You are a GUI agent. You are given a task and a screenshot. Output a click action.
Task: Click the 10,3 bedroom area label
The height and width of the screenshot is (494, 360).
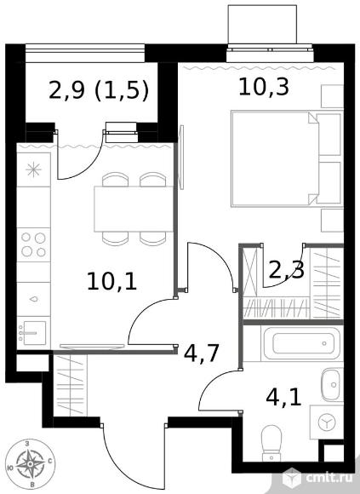pyautogui.click(x=264, y=87)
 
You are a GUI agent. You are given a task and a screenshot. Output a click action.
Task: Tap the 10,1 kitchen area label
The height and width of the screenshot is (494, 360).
pyautogui.click(x=112, y=281)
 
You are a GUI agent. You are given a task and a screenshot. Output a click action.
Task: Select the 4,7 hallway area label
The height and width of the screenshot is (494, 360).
pyautogui.click(x=201, y=353)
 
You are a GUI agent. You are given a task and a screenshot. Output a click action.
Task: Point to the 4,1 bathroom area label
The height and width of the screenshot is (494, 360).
pyautogui.click(x=284, y=398)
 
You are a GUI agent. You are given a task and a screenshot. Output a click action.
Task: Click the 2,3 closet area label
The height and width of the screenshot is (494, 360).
pyautogui.click(x=286, y=270)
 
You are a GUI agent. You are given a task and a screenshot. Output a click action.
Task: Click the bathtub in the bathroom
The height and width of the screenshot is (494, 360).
pyautogui.click(x=301, y=343)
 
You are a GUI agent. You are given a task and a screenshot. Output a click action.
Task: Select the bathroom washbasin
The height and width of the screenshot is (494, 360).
pyautogui.click(x=330, y=385)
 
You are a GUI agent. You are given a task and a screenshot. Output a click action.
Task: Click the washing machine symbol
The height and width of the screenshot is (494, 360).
pyautogui.click(x=327, y=422)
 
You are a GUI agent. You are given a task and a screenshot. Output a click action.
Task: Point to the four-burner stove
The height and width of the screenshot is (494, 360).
pyautogui.click(x=34, y=244)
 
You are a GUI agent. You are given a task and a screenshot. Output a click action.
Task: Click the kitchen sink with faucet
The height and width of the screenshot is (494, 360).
pyautogui.click(x=33, y=333)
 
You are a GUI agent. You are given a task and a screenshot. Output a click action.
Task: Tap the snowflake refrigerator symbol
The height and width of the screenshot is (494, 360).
pyautogui.click(x=34, y=170)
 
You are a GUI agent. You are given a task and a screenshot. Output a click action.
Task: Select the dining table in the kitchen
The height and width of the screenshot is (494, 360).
pyautogui.click(x=134, y=210)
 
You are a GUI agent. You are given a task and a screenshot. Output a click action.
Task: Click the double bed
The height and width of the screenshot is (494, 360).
pyautogui.click(x=287, y=158)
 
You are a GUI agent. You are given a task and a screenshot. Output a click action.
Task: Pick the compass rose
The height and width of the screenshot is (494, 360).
pyautogui.click(x=30, y=463)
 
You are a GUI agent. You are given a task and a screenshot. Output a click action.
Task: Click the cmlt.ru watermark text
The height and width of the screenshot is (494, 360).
pyautogui.click(x=329, y=479)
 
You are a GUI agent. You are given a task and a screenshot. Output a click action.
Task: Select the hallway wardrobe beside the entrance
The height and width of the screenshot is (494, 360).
pyautogui.click(x=70, y=385)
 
